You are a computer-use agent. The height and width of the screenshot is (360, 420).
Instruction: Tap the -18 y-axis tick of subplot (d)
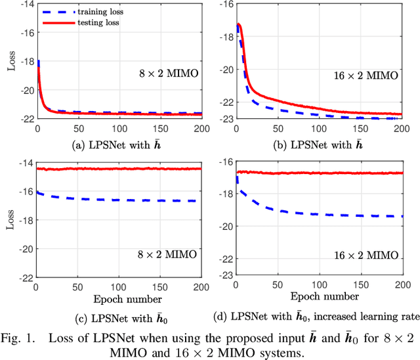224,194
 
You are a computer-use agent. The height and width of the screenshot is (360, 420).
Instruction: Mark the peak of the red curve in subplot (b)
239,25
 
